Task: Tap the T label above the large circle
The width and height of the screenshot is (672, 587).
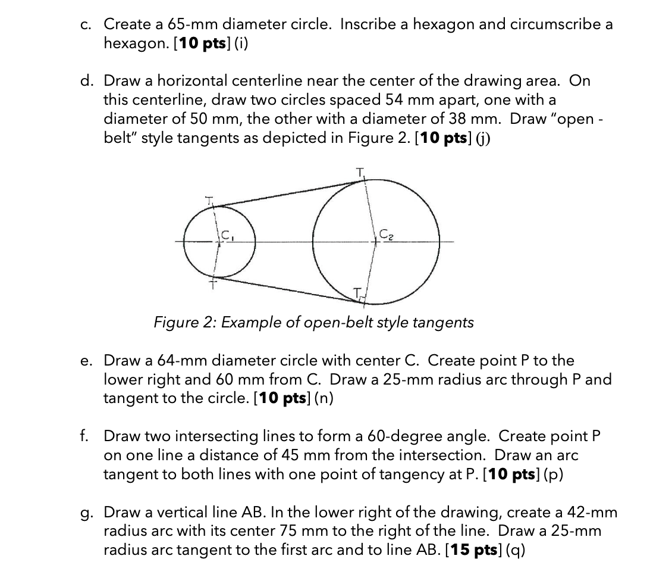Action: click(359, 172)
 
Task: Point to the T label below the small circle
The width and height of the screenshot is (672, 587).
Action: click(210, 285)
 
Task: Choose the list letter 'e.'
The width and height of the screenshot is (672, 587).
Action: click(87, 361)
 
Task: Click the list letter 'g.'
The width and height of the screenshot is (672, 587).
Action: click(87, 513)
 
